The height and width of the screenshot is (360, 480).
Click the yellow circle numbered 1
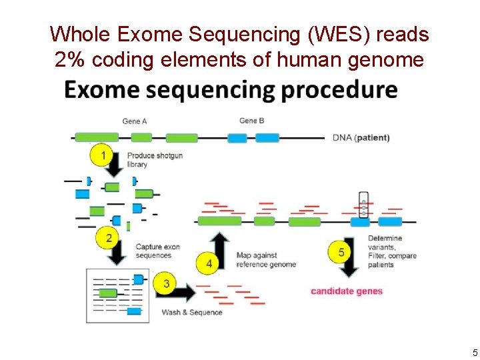[103, 156]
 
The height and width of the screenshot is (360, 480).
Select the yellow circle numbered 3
[166, 284]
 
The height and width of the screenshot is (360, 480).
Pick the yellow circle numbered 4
[209, 263]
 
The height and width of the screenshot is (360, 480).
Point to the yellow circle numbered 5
[341, 252]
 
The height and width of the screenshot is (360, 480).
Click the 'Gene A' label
[135, 121]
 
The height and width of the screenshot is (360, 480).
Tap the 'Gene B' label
[251, 121]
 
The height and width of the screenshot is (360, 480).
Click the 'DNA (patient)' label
[361, 138]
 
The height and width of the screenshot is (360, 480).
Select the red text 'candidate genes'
[347, 291]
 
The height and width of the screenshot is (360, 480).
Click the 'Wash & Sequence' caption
[192, 312]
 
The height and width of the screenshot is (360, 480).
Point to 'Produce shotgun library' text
[155, 160]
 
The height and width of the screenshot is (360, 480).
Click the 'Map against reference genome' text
[266, 260]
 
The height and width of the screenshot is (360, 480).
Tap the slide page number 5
[475, 352]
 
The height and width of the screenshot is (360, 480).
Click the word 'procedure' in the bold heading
[339, 89]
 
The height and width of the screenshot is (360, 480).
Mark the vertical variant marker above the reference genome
[363, 205]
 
